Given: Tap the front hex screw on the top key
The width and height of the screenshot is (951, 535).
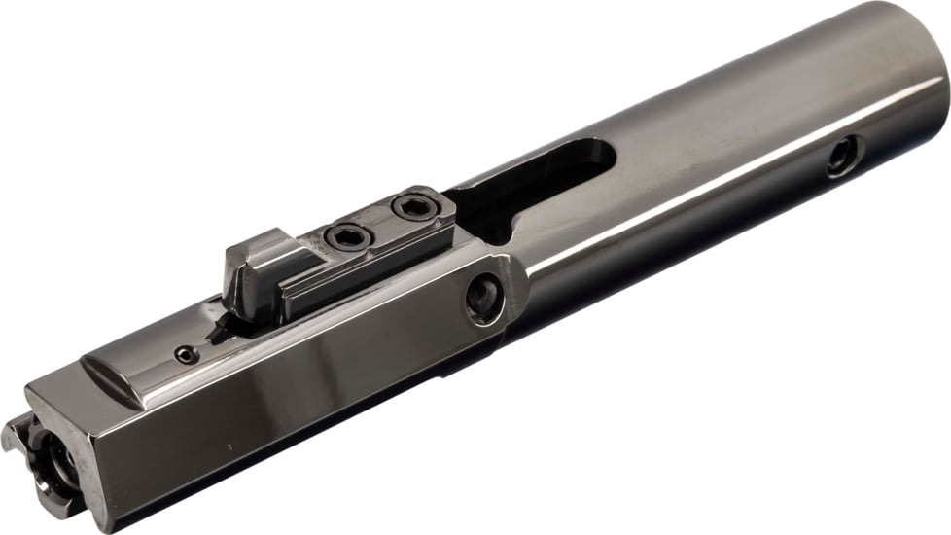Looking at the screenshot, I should coord(343,235).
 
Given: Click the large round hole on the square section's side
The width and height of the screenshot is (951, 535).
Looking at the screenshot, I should coord(483,299).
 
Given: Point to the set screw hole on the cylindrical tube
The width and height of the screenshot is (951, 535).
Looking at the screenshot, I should coord(842,157).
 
